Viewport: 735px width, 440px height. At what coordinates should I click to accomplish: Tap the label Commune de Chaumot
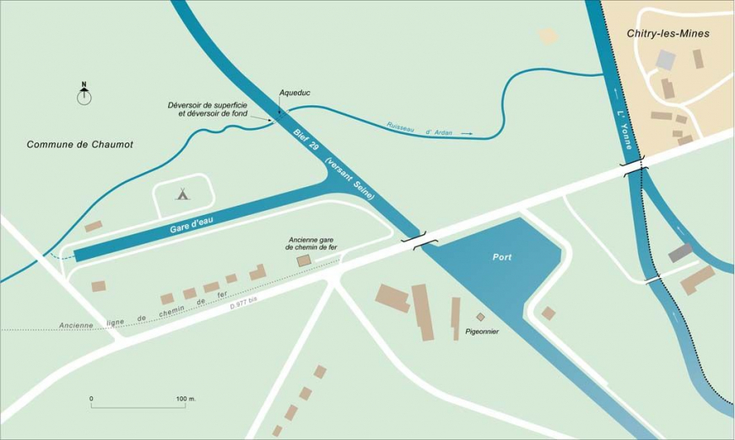[80, 145]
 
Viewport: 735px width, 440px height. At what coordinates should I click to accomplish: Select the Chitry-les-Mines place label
[667, 34]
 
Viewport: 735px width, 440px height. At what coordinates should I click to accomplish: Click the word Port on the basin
[504, 256]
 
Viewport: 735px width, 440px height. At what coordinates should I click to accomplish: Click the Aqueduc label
[295, 94]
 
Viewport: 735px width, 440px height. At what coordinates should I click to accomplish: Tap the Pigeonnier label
[482, 331]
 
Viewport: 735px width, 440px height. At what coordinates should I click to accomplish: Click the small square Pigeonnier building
[481, 317]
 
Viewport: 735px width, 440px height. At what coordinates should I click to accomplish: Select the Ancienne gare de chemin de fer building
[303, 261]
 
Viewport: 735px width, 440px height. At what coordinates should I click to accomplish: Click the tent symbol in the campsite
[182, 194]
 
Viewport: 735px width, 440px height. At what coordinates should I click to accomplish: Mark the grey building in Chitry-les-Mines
[666, 60]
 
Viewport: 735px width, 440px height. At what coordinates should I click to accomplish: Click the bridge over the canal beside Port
[419, 240]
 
